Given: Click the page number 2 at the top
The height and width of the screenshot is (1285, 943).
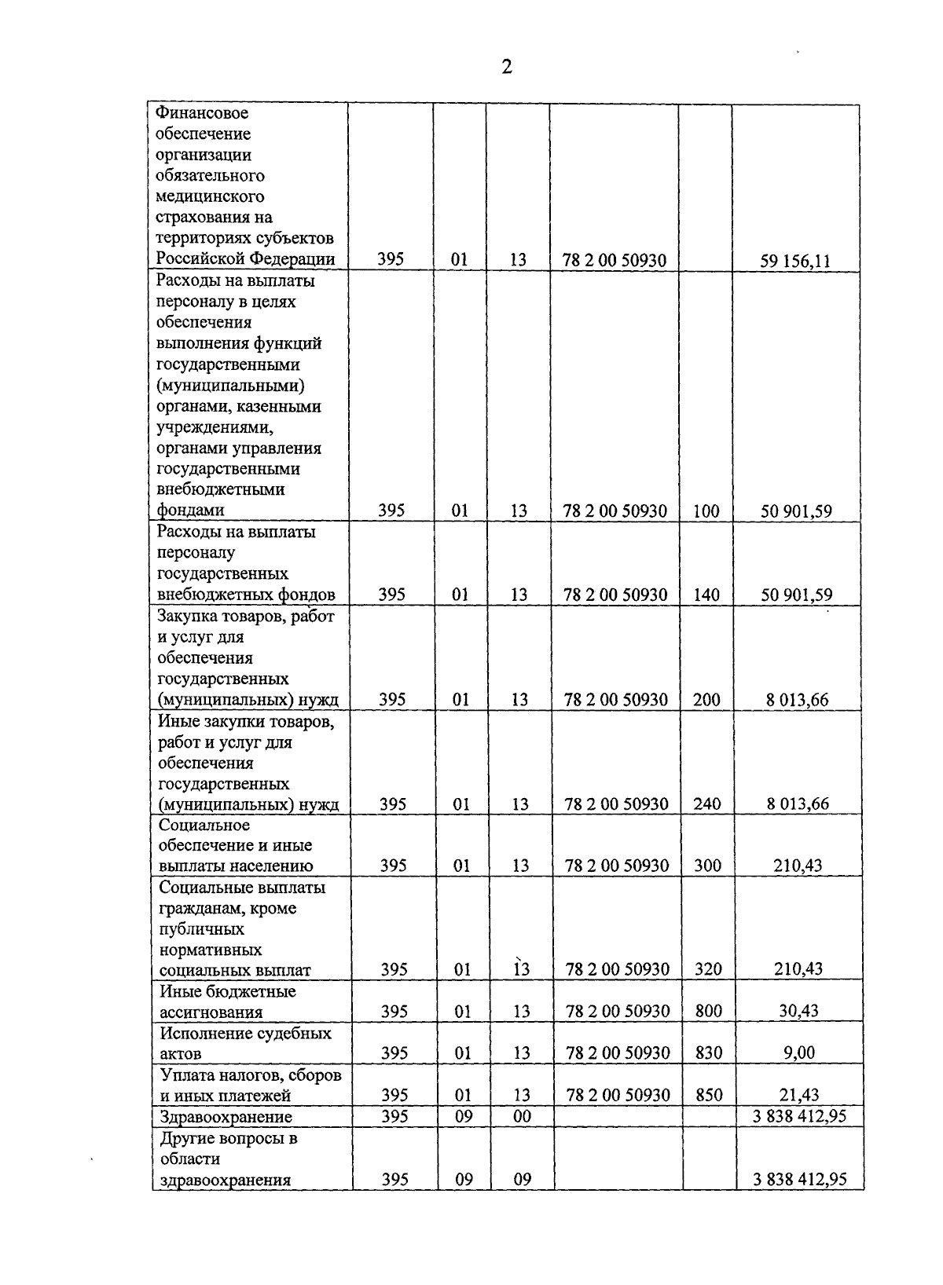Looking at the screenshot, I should click(x=507, y=67).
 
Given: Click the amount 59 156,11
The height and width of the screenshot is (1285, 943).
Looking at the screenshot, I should click(x=795, y=261).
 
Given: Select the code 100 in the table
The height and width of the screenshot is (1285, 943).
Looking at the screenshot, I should click(x=706, y=511).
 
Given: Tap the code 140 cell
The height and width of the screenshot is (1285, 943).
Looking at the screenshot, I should click(x=706, y=595).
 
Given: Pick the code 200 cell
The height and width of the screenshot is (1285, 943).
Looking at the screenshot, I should click(x=706, y=700).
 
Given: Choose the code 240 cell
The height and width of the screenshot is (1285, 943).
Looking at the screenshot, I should click(x=707, y=804).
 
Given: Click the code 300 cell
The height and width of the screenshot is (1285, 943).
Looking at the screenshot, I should click(x=707, y=866).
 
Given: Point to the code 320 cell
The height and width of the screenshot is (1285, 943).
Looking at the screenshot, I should click(x=708, y=970).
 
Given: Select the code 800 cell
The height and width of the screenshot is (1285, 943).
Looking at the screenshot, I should click(x=709, y=1012).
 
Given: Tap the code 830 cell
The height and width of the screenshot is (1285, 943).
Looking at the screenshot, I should click(x=709, y=1053).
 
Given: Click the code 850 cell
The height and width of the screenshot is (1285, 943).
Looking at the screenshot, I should click(x=709, y=1095).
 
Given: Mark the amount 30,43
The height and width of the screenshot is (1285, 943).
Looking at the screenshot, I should click(x=798, y=1012).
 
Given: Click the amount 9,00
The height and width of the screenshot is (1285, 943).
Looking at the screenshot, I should click(x=798, y=1053).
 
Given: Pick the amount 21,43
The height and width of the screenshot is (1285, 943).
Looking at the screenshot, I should click(x=798, y=1095).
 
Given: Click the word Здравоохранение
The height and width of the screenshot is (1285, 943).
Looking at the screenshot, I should click(x=226, y=1117).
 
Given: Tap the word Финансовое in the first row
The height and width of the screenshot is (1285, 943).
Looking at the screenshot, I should click(x=202, y=113).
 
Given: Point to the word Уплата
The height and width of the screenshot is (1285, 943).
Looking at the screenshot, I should click(x=185, y=1074).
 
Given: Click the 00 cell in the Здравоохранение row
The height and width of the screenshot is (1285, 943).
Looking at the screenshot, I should click(x=522, y=1116).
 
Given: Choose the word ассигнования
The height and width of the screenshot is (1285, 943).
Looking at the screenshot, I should click(x=211, y=1012).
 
